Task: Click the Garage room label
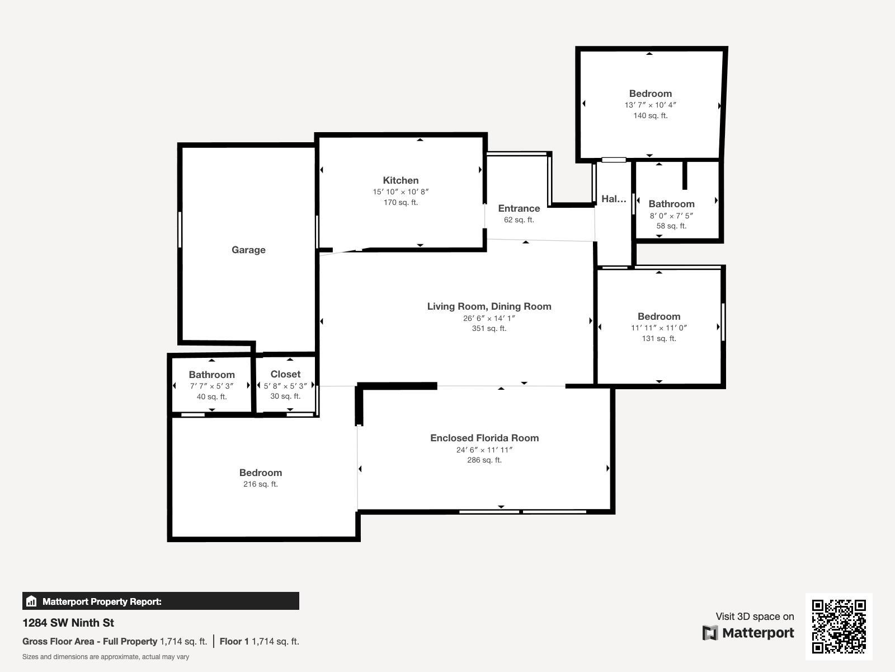click(x=248, y=250)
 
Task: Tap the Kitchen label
click(x=401, y=180)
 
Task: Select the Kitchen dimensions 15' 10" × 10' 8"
click(x=401, y=192)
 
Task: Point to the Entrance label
click(x=519, y=208)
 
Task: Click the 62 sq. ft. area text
click(x=519, y=220)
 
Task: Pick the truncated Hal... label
click(x=614, y=199)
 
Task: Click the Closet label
click(x=285, y=374)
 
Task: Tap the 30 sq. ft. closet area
click(x=285, y=396)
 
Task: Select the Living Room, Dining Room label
click(x=489, y=306)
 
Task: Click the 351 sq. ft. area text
click(x=489, y=329)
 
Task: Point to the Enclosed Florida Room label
click(x=484, y=438)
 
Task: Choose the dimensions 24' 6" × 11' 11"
click(x=484, y=450)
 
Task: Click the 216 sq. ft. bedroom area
click(x=261, y=484)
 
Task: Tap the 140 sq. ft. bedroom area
click(x=651, y=116)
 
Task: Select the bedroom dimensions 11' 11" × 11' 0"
click(x=659, y=328)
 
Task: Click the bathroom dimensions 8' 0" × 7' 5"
click(x=672, y=216)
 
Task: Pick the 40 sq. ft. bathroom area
click(x=211, y=396)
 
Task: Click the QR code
click(x=839, y=626)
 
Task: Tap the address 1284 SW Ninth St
click(x=68, y=623)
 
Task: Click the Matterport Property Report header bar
click(x=161, y=601)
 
